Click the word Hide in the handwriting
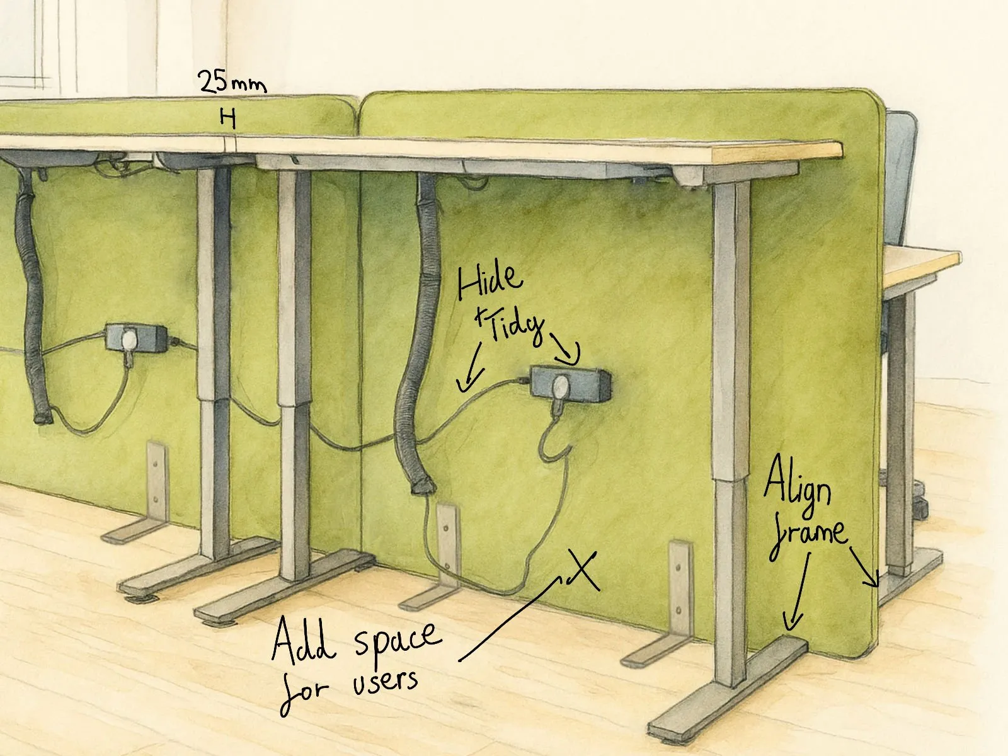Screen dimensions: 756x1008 point(490,282)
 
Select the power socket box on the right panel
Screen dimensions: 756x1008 point(570,384)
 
